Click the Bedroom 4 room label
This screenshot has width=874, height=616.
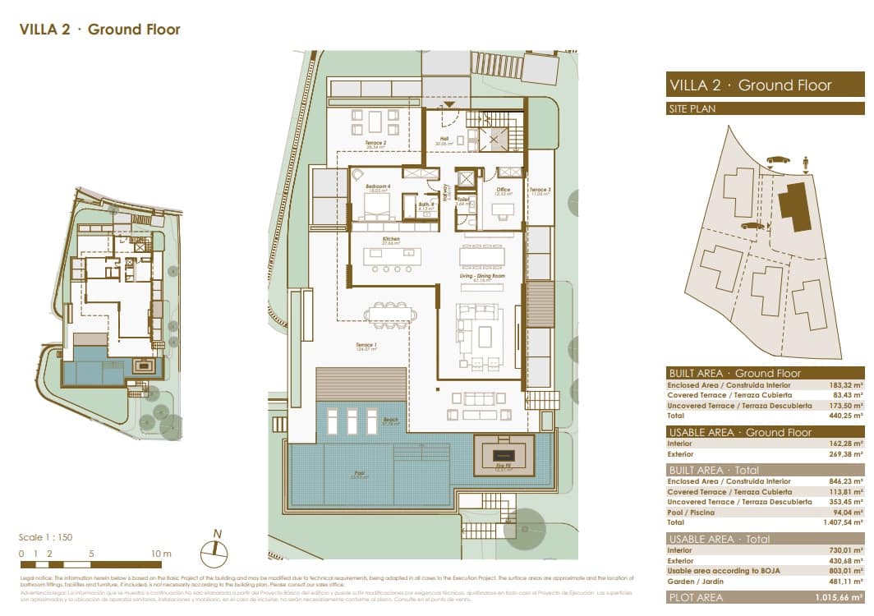377,190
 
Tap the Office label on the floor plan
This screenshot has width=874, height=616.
504,190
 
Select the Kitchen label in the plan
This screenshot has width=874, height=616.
390,240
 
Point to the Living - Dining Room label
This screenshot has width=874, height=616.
481,277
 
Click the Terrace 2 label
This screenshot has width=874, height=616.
376,142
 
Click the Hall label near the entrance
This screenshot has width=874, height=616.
444,139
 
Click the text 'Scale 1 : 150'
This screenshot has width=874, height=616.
46,537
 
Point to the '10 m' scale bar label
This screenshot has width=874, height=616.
161,554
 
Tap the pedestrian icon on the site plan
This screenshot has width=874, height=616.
807,163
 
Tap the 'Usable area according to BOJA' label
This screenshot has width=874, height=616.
722,571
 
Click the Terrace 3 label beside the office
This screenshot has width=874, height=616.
540,190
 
